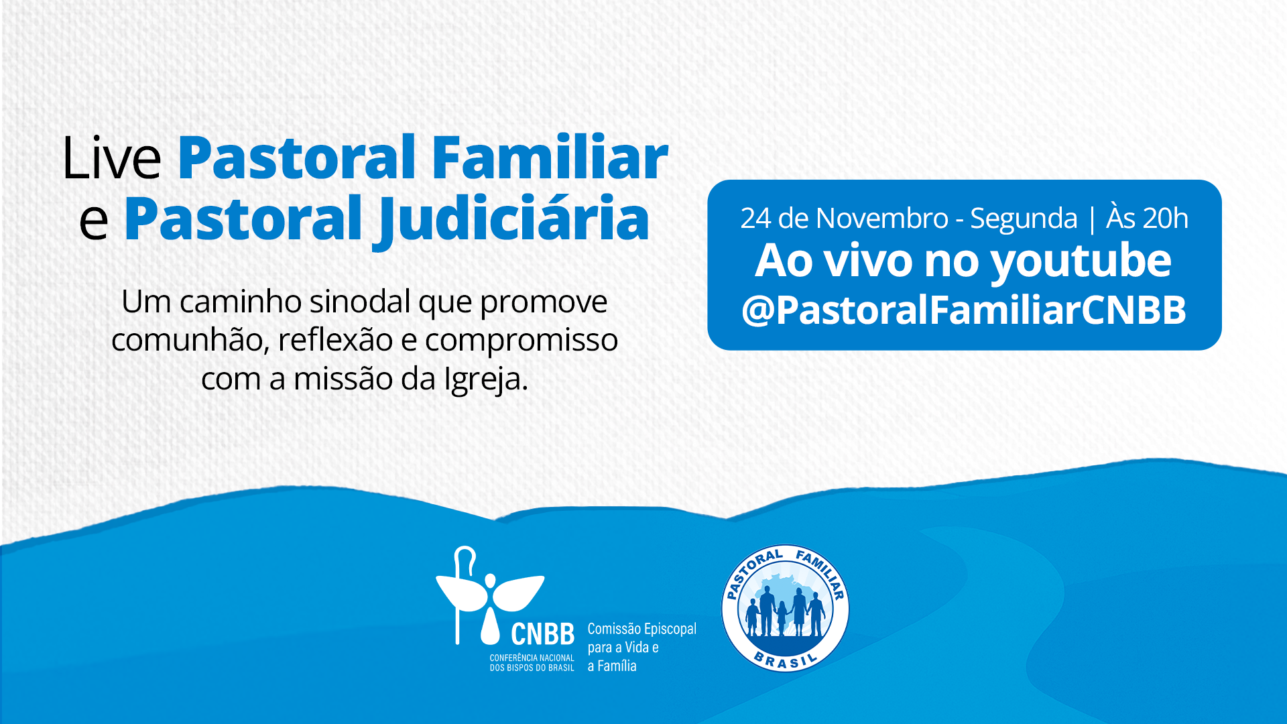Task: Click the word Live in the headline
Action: (111, 158)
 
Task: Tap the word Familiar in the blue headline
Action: (549, 158)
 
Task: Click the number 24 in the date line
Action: (755, 219)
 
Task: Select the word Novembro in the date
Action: (882, 219)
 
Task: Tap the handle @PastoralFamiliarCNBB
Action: (963, 310)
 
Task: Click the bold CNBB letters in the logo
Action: (542, 634)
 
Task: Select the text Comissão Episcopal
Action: (641, 629)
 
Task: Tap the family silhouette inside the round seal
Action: (785, 610)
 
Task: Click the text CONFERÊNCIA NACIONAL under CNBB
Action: (532, 658)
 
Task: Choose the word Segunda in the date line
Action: (1024, 219)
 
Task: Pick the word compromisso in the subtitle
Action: (521, 340)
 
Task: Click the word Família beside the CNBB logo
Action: (617, 666)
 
